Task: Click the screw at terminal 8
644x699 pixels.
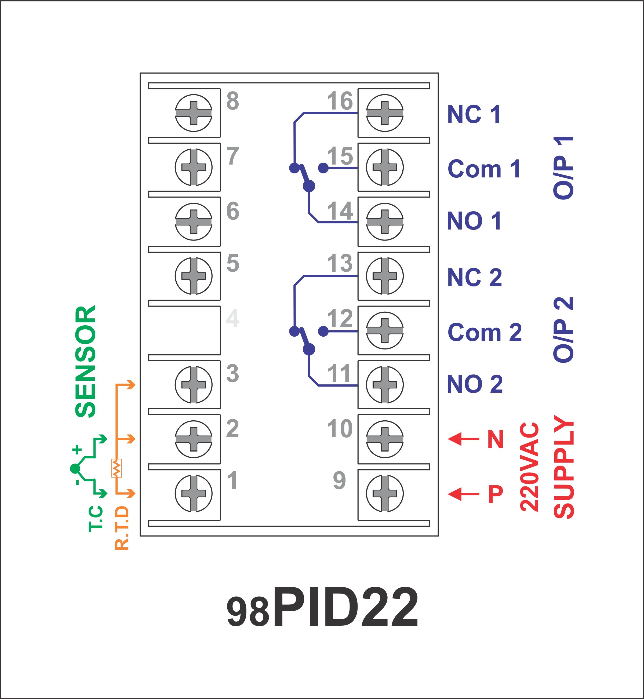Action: pyautogui.click(x=193, y=113)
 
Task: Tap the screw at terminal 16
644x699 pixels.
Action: pyautogui.click(x=385, y=113)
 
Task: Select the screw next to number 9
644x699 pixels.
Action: pyautogui.click(x=385, y=493)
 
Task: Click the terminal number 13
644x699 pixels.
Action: pyautogui.click(x=340, y=263)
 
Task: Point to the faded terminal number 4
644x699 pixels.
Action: pyautogui.click(x=232, y=318)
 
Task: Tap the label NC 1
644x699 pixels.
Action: pyautogui.click(x=474, y=114)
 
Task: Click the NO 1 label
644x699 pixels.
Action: pyautogui.click(x=474, y=221)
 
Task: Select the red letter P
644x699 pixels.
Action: pyautogui.click(x=496, y=494)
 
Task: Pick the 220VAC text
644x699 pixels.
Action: pyautogui.click(x=529, y=467)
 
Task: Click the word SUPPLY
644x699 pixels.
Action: pyautogui.click(x=563, y=467)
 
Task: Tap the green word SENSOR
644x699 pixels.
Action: pyautogui.click(x=85, y=361)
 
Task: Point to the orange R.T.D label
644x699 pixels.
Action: pyautogui.click(x=122, y=528)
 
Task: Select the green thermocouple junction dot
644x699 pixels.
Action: pyautogui.click(x=75, y=469)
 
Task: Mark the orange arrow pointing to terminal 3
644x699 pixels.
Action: pyautogui.click(x=126, y=385)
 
